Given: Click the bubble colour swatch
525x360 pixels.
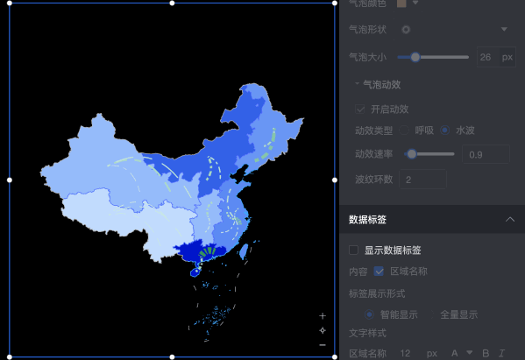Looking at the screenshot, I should [401, 4].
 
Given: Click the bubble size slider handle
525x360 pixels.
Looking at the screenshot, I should [415, 57].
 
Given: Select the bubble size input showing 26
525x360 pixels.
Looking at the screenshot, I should [486, 57].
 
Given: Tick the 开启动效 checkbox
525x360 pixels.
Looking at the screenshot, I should [360, 109].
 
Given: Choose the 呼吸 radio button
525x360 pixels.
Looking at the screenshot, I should [405, 131].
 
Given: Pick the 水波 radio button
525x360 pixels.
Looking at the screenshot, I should [445, 131].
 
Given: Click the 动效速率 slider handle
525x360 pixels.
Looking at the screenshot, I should [411, 154].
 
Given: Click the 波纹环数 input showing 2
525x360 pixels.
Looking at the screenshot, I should [422, 180].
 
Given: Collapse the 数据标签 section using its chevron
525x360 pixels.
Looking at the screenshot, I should [510, 219].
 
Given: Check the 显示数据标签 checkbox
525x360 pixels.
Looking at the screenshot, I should [354, 251].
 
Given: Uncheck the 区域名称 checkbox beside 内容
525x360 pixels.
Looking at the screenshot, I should [380, 272].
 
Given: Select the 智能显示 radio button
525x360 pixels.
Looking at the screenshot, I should [369, 314].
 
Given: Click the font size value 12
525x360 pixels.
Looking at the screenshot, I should [404, 353].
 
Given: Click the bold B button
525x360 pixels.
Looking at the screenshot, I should [485, 353].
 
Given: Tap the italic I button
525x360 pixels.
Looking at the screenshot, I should [502, 353].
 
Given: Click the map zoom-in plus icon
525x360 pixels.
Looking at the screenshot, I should [323, 315].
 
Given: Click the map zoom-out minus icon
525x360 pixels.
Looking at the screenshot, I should [323, 345].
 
